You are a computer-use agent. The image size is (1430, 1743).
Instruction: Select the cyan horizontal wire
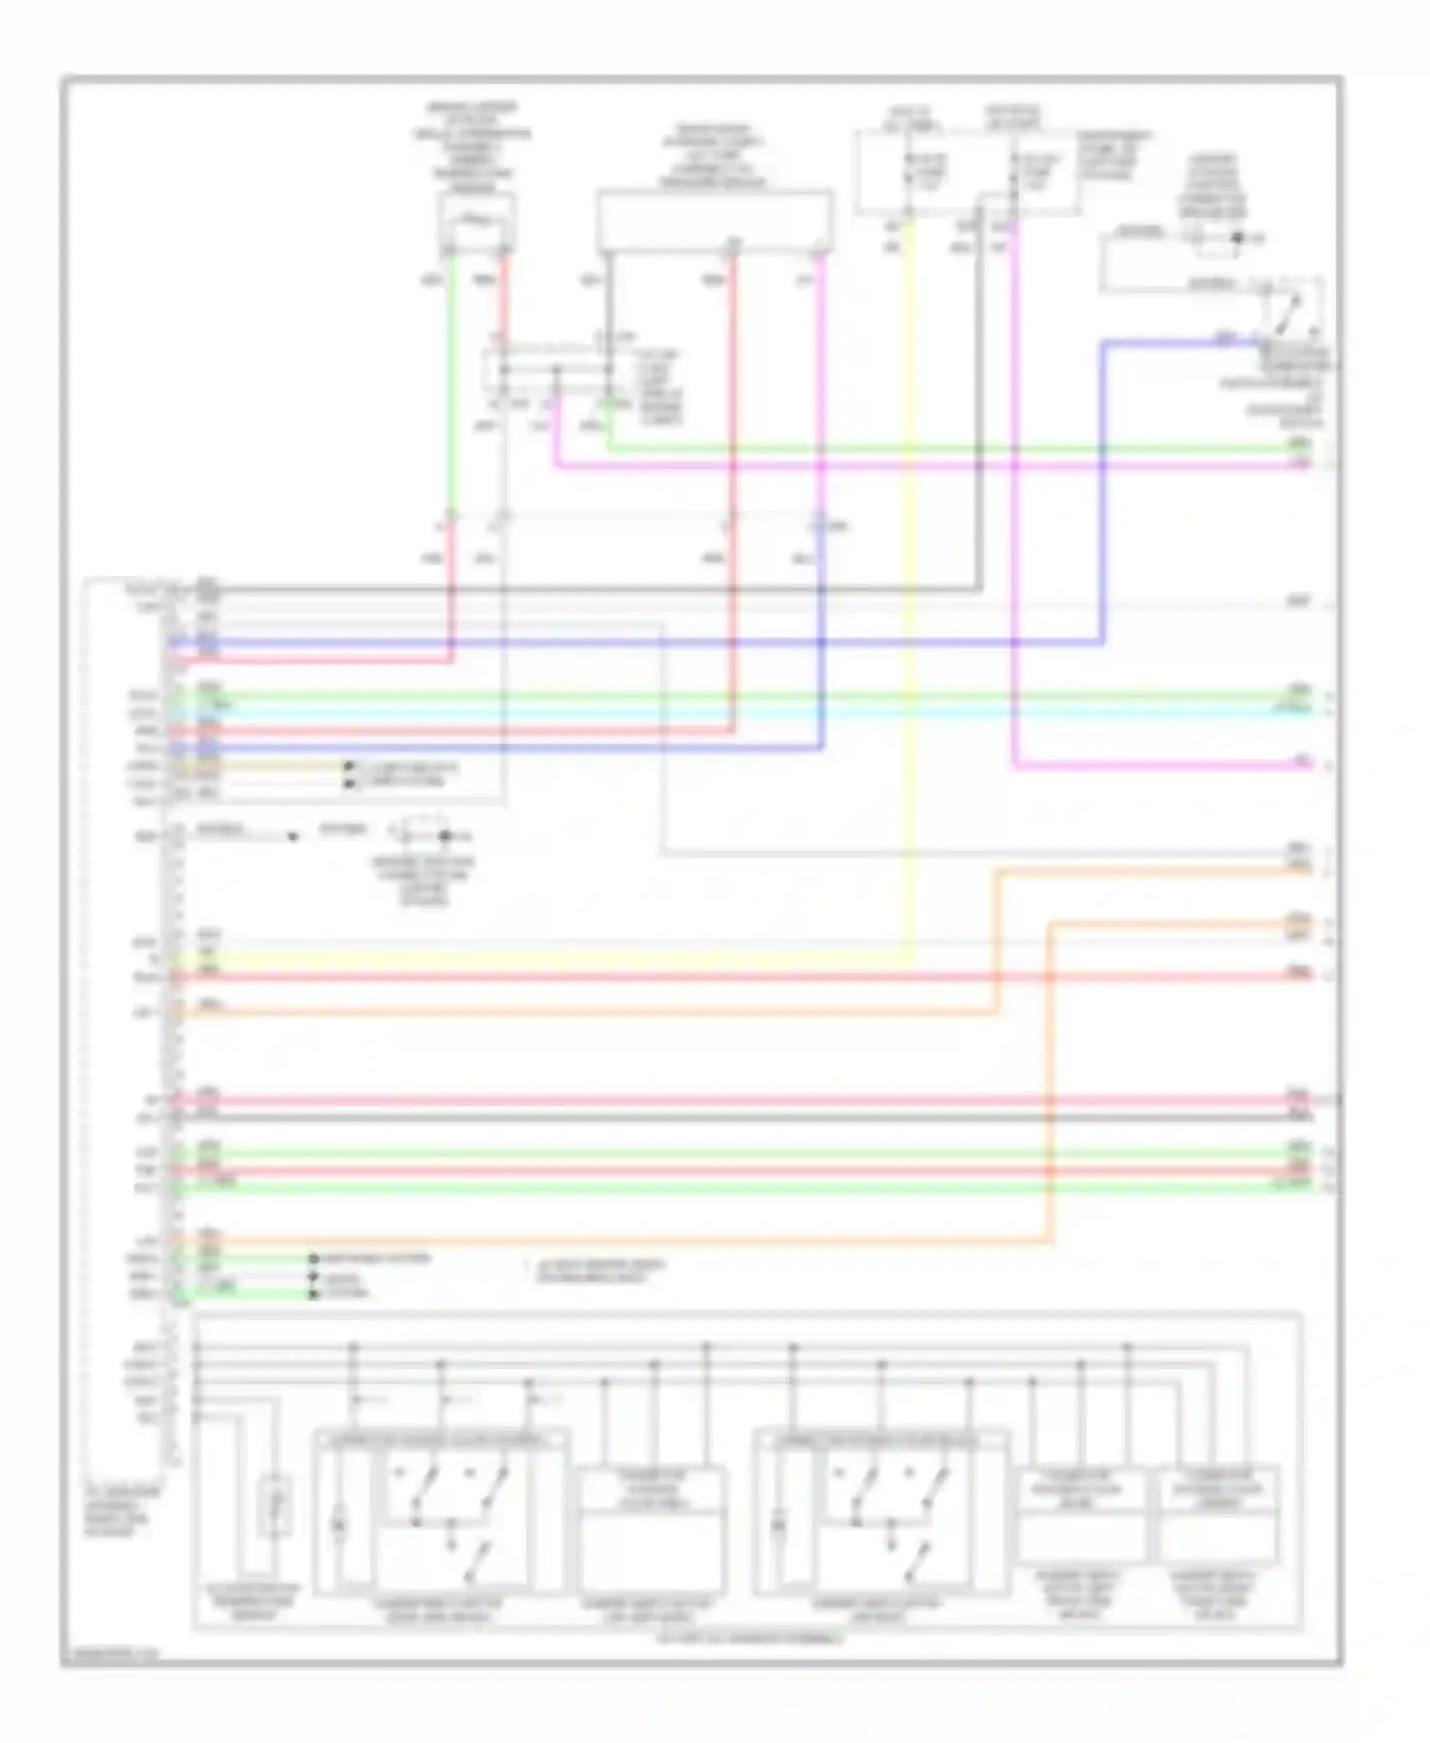point(763,711)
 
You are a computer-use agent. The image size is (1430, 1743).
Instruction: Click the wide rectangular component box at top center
point(714,221)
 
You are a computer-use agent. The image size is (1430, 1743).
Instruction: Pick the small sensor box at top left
point(477,222)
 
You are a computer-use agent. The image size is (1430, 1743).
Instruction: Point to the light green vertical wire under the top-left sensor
point(450,381)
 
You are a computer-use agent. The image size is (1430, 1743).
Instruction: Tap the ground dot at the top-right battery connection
point(1236,238)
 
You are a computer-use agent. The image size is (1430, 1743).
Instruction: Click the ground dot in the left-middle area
point(444,836)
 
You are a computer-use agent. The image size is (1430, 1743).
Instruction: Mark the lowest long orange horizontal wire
point(610,1241)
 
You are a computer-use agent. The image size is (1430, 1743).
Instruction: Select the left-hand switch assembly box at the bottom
point(441,1511)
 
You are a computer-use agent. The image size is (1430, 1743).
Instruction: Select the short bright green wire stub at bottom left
point(243,1293)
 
